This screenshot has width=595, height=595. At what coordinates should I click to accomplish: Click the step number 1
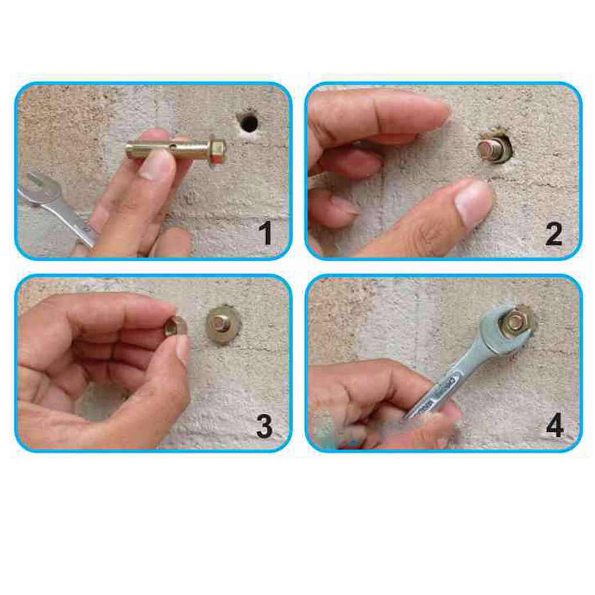point(266,233)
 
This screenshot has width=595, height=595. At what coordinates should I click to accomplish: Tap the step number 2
point(554,234)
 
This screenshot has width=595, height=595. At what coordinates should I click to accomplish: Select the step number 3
point(264,426)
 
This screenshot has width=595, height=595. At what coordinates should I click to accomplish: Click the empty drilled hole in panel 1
point(249,122)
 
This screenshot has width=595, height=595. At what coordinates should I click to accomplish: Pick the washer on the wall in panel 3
point(223,324)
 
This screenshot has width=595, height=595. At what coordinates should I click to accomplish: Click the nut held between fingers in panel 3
point(176,327)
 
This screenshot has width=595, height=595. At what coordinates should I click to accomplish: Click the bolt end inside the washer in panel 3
point(220,322)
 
